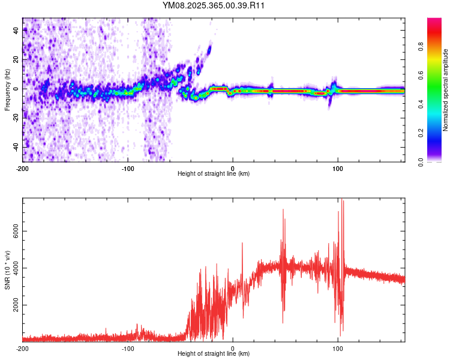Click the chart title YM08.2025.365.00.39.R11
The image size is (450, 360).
click(x=214, y=5)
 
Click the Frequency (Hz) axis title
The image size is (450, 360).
click(x=7, y=90)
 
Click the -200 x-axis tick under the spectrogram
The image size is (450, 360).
click(x=23, y=168)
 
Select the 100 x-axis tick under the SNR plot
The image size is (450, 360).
click(x=338, y=348)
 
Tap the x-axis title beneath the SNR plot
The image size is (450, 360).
click(x=214, y=354)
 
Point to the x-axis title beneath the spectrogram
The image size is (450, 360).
click(x=214, y=174)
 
